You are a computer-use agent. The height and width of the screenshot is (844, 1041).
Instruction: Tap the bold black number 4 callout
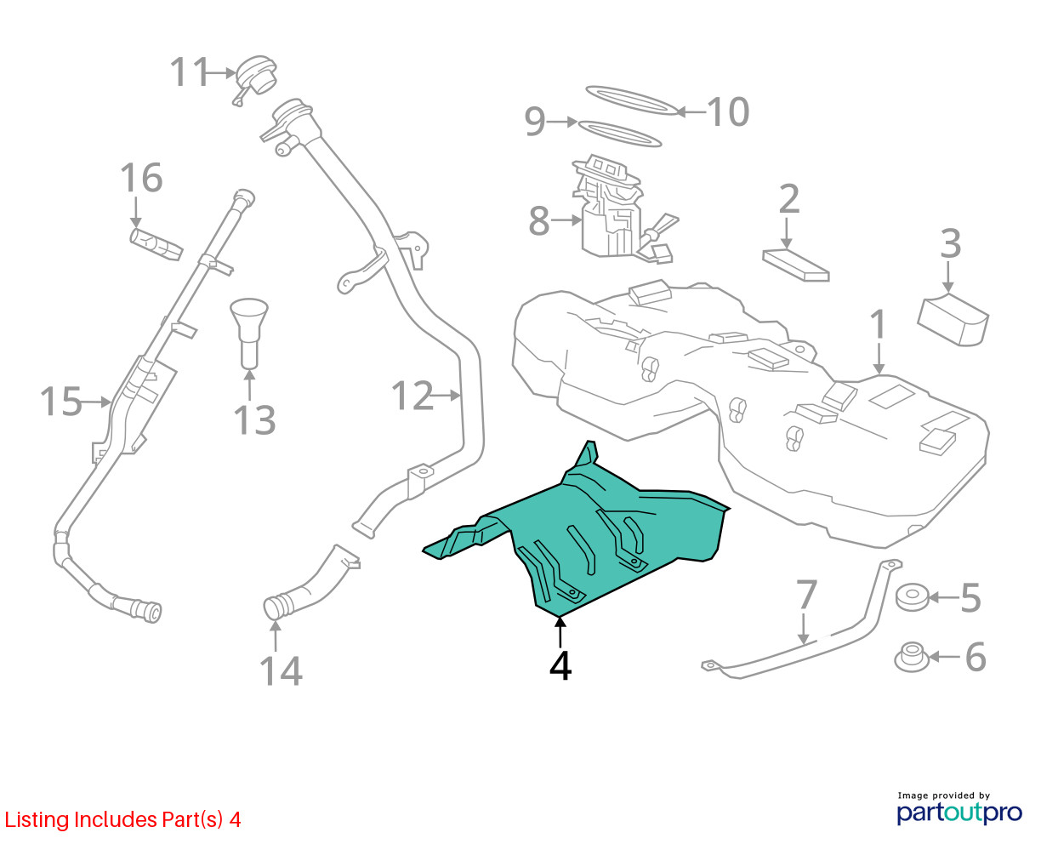coord(560,665)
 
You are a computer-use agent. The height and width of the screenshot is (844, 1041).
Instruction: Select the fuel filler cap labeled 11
coord(255,79)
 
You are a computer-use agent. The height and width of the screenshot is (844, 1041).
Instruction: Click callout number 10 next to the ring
coord(728,112)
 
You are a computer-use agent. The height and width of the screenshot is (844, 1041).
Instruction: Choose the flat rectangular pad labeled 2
coord(796,265)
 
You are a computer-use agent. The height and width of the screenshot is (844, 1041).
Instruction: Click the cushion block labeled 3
coord(953,320)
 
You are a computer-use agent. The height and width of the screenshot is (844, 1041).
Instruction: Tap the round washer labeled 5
coord(912,597)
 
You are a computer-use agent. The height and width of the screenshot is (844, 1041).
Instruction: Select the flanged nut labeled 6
coord(912,657)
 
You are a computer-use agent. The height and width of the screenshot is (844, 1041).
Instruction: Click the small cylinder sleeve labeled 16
coord(156,243)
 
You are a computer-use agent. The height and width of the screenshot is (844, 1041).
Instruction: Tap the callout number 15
coord(60,402)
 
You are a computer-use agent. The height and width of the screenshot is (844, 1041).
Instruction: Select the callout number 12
coord(412,395)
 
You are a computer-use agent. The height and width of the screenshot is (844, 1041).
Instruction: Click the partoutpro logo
coord(959,813)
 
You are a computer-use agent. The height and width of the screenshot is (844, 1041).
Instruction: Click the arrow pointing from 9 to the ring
coord(562,122)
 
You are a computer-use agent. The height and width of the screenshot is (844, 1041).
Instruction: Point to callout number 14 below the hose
coord(281,671)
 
